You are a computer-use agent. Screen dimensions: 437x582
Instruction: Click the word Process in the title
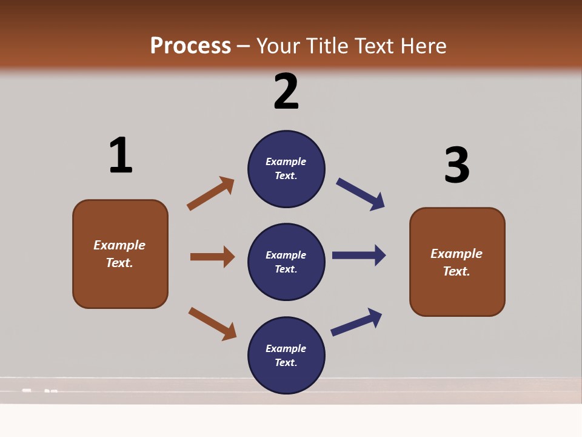pyautogui.click(x=190, y=46)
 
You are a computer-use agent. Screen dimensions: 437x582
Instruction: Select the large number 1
pyautogui.click(x=121, y=155)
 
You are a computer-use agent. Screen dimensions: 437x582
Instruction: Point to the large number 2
pyautogui.click(x=286, y=92)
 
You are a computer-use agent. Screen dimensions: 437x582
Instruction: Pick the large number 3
pyautogui.click(x=457, y=165)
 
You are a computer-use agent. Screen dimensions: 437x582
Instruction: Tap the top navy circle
pyautogui.click(x=286, y=168)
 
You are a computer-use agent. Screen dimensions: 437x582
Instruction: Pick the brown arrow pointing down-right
pyautogui.click(x=212, y=324)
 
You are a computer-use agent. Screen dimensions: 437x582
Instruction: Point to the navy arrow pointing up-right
pyautogui.click(x=356, y=322)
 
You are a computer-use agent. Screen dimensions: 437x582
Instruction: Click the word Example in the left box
pyautogui.click(x=119, y=245)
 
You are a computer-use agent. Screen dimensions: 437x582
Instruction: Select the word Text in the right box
pyautogui.click(x=456, y=271)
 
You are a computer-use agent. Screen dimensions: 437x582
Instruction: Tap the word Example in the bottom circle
pyautogui.click(x=286, y=348)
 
